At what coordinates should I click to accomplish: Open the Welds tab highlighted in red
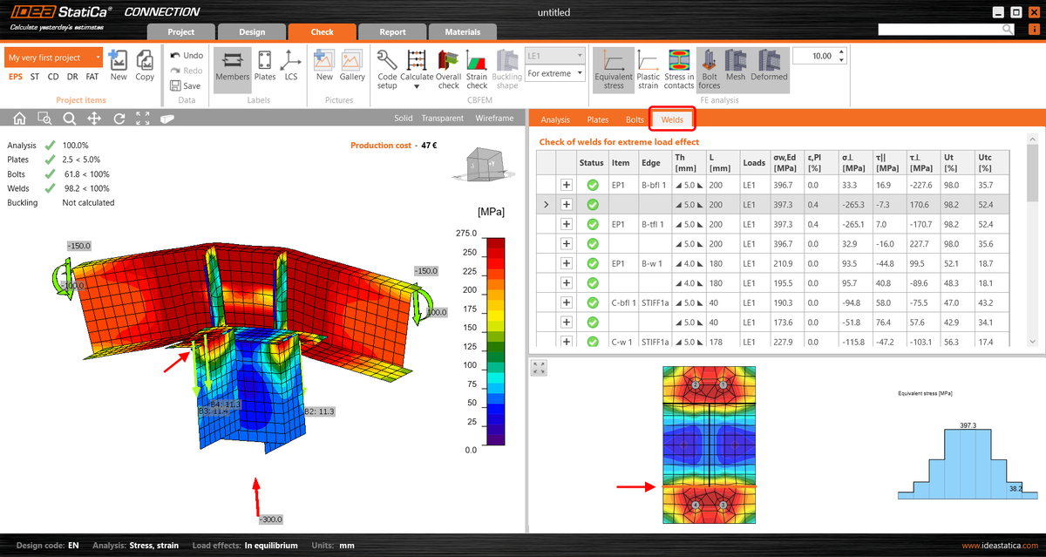click(672, 119)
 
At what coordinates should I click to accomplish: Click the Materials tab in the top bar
click(462, 32)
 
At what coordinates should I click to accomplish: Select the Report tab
click(392, 32)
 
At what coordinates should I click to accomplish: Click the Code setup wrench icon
click(387, 61)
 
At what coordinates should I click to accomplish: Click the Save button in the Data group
click(186, 85)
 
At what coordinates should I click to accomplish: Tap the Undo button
click(187, 56)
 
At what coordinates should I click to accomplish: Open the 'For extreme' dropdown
click(555, 74)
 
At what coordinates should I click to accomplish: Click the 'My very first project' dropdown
click(53, 58)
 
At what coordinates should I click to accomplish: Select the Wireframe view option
click(494, 119)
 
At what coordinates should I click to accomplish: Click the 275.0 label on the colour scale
click(466, 234)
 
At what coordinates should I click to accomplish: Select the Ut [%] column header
click(953, 161)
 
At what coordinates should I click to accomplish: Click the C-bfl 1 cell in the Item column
click(623, 302)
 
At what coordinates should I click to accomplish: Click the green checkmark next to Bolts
click(51, 174)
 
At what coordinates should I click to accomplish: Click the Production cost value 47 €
click(428, 146)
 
